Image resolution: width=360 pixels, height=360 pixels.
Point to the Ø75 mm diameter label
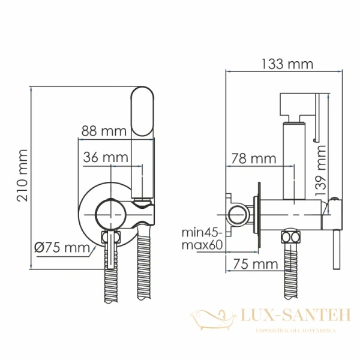pyautogui.click(x=61, y=247)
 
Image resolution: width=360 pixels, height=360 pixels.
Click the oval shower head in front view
pyautogui.click(x=143, y=112)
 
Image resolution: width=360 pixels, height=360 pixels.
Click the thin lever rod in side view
pyautogui.click(x=334, y=252)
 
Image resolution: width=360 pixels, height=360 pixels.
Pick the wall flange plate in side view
pyautogui.click(x=259, y=213)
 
